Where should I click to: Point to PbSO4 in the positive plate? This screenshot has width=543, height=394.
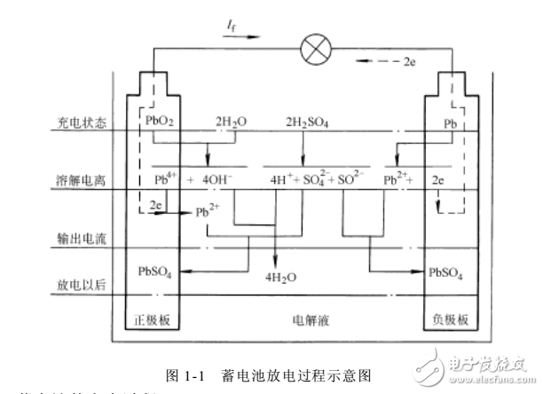pyautogui.click(x=154, y=270)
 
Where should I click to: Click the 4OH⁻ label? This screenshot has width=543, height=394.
pyautogui.click(x=217, y=179)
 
